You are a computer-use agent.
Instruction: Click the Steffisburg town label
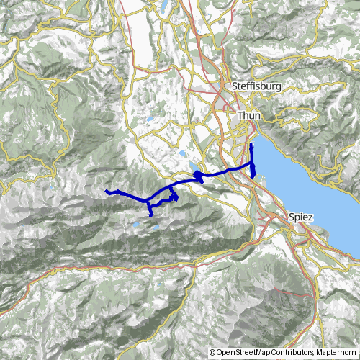(x=255, y=86)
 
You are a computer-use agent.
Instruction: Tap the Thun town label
(x=248, y=115)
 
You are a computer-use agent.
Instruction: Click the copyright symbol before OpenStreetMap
(x=212, y=353)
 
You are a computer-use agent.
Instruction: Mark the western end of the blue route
(x=106, y=191)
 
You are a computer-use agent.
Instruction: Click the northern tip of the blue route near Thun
(x=252, y=145)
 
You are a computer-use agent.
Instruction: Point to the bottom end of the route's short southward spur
(x=150, y=215)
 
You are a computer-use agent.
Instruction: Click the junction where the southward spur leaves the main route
(x=150, y=199)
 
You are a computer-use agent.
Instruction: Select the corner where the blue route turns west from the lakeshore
(x=252, y=166)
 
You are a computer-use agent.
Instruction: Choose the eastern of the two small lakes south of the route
(x=154, y=229)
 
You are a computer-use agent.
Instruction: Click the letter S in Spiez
(x=290, y=216)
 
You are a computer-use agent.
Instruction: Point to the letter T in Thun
(x=240, y=115)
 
